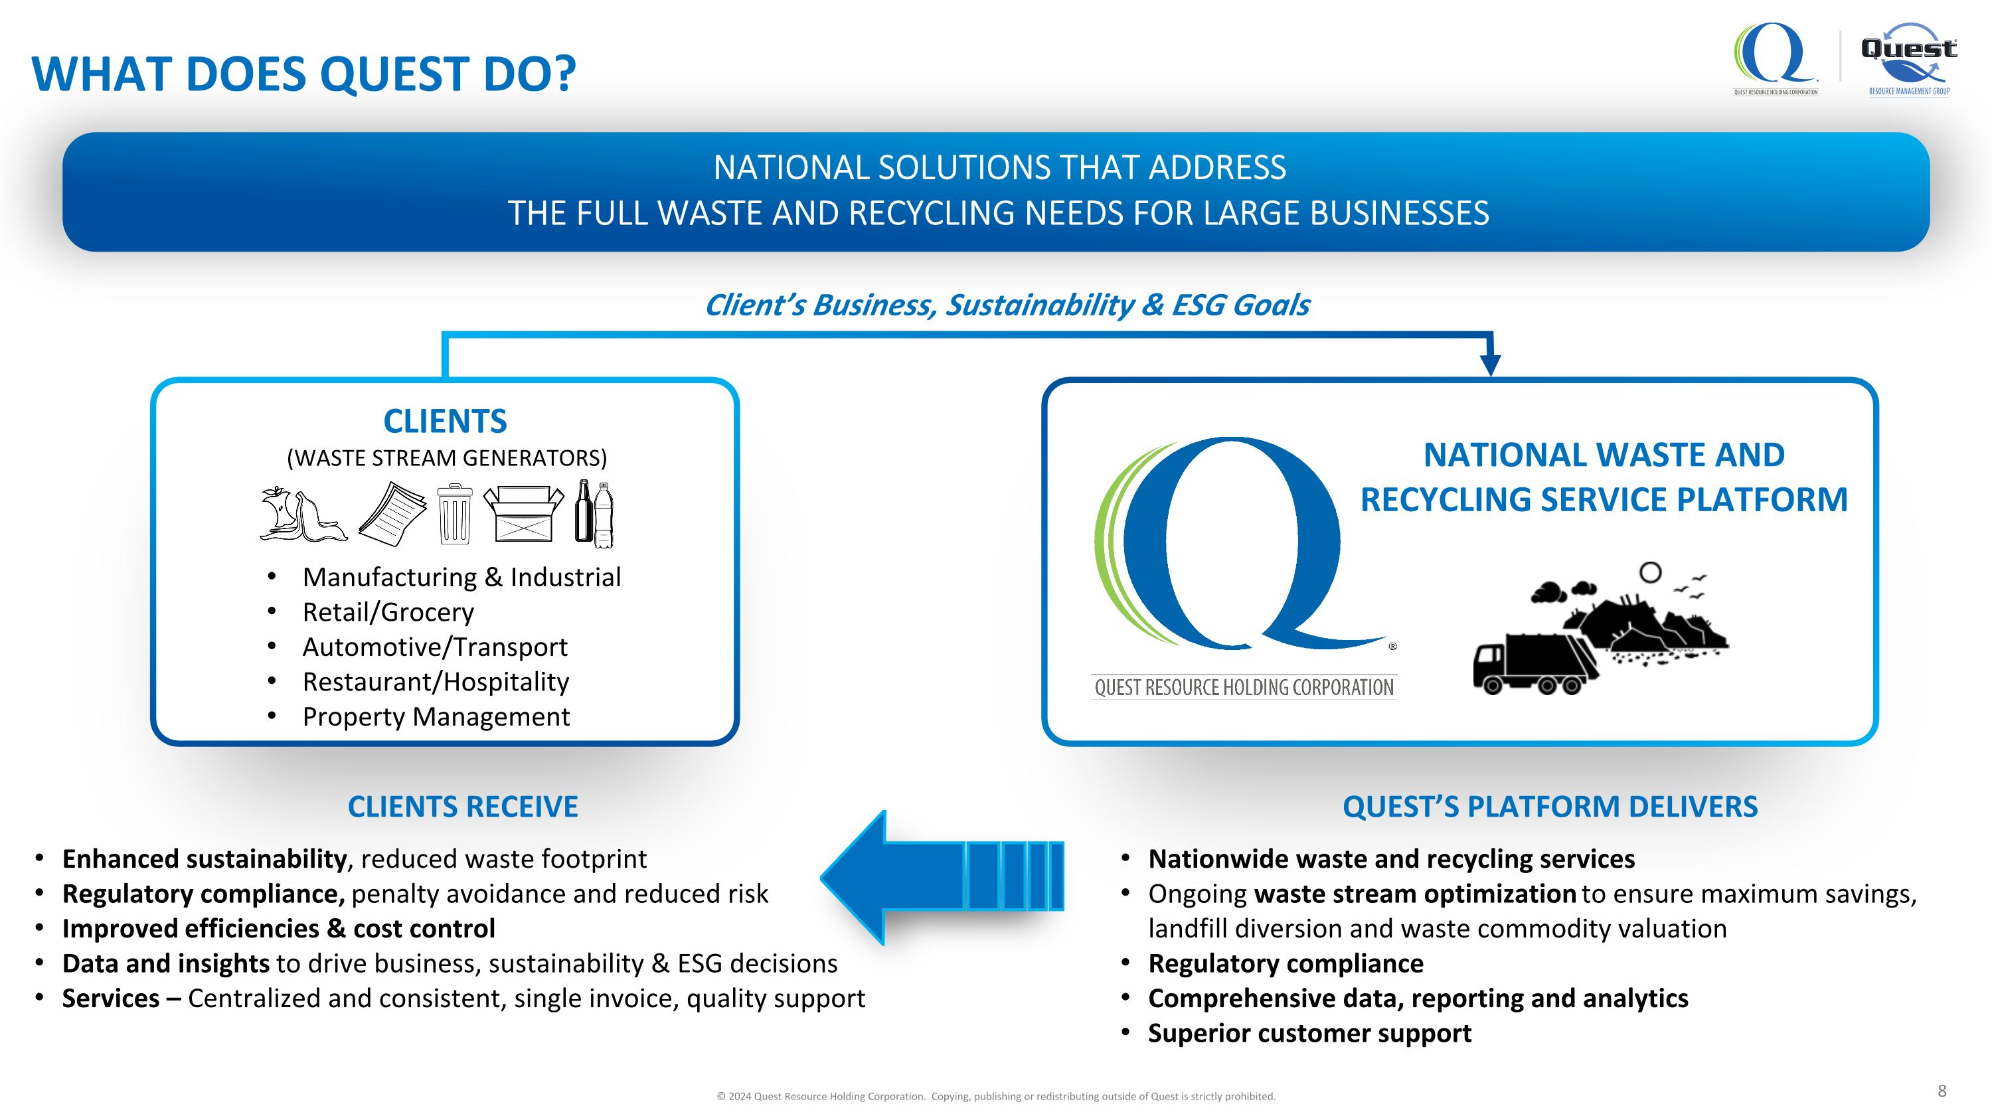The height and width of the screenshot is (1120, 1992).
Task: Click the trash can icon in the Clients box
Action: coord(455,514)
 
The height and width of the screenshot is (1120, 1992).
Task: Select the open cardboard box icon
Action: coord(523,513)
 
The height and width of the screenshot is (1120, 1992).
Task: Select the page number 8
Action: coord(1942,1091)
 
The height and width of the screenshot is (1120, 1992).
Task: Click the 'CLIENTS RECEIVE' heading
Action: coord(462,807)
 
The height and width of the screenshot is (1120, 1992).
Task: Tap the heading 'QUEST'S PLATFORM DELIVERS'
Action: coord(1550,807)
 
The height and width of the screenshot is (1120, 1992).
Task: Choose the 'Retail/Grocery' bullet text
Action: coord(388,612)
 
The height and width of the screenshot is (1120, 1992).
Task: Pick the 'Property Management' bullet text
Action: coord(436,716)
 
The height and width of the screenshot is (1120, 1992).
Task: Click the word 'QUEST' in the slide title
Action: coord(394,74)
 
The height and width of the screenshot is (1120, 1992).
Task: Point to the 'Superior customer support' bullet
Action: coord(1309,1034)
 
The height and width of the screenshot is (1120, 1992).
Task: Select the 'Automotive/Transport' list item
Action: coord(435,647)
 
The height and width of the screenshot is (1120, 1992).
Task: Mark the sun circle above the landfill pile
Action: coord(1650,573)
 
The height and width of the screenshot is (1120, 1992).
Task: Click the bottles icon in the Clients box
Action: coord(594,514)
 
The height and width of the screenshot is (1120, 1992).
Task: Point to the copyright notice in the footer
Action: coord(996,1096)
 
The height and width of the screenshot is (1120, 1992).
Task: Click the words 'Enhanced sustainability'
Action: coord(204,858)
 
